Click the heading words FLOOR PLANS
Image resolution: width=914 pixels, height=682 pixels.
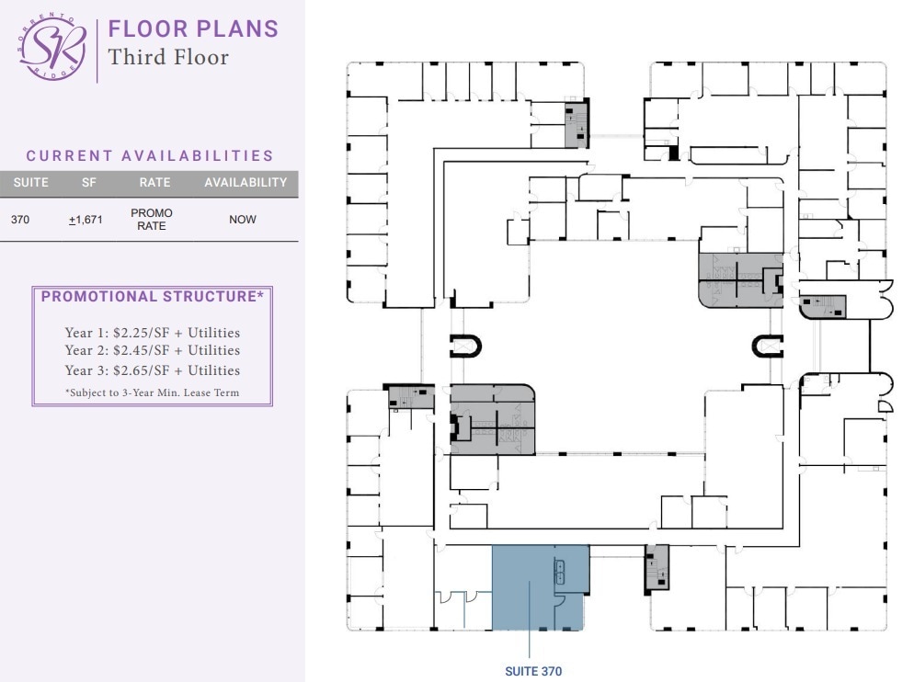click(x=193, y=28)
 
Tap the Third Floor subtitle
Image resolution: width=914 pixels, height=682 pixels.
click(x=168, y=57)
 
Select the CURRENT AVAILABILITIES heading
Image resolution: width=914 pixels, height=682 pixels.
click(x=150, y=156)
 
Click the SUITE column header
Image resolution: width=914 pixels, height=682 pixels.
click(x=31, y=183)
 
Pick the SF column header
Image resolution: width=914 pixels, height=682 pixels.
click(x=89, y=183)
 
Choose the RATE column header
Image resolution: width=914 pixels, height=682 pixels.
click(x=154, y=183)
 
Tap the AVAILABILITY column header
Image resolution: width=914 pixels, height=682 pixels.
click(x=246, y=183)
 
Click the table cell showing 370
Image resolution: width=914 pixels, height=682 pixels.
click(x=20, y=220)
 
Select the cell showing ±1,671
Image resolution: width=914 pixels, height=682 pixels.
click(x=86, y=220)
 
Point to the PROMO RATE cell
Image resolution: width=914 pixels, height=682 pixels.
click(x=152, y=220)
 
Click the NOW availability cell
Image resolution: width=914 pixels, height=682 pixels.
click(x=243, y=220)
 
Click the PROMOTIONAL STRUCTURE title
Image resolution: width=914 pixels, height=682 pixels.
click(x=153, y=297)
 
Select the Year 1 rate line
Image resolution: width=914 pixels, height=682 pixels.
click(x=152, y=333)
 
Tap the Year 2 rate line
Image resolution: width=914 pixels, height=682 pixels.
click(x=152, y=350)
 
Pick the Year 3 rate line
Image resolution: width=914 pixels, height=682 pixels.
click(x=152, y=370)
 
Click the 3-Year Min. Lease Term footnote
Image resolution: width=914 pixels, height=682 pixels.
click(x=152, y=392)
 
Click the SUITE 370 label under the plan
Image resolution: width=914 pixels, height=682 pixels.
click(x=533, y=671)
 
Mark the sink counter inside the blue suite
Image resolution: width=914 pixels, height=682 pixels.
click(x=559, y=572)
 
